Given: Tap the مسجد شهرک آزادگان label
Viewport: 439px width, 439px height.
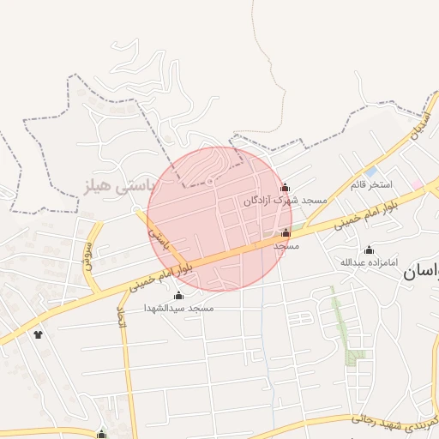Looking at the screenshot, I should click(285, 200).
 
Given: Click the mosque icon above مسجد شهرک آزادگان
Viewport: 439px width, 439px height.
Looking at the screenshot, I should click(286, 188).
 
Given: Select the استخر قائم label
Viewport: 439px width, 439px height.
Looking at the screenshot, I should click(371, 184).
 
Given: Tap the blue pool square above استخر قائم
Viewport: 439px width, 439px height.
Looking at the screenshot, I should click(370, 171).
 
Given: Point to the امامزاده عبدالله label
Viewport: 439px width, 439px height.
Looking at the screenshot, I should click(370, 262).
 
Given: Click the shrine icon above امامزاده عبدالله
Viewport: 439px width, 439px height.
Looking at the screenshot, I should click(370, 250).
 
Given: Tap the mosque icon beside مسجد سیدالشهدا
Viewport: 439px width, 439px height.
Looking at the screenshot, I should click(178, 296).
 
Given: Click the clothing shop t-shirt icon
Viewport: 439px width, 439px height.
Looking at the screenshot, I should click(38, 334).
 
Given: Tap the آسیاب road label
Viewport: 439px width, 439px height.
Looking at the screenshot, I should click(418, 127).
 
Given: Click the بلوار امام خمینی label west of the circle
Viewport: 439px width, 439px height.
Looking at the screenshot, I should click(161, 276).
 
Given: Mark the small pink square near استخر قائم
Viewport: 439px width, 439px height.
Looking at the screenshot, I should click(416, 184).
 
